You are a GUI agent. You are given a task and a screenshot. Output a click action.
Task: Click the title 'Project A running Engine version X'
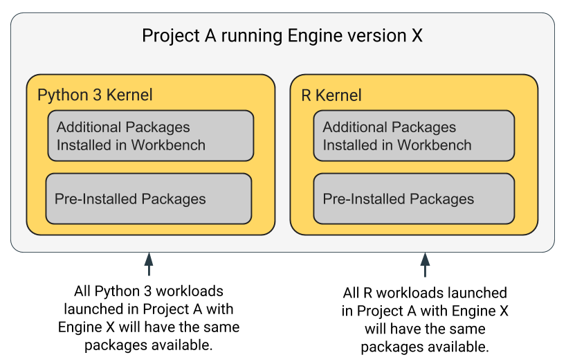[x=282, y=36]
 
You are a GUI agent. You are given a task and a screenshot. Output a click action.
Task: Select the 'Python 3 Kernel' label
[x=95, y=95]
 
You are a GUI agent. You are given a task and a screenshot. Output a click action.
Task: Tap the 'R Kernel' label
[x=331, y=95]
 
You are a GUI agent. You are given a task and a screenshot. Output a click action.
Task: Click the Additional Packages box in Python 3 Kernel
[x=150, y=136]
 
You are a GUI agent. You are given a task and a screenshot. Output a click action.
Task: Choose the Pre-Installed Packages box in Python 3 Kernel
[x=148, y=199]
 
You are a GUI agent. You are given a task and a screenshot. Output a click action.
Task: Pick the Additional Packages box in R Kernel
[x=414, y=136]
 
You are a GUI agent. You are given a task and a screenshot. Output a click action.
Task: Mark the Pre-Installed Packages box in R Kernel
[x=414, y=199]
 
